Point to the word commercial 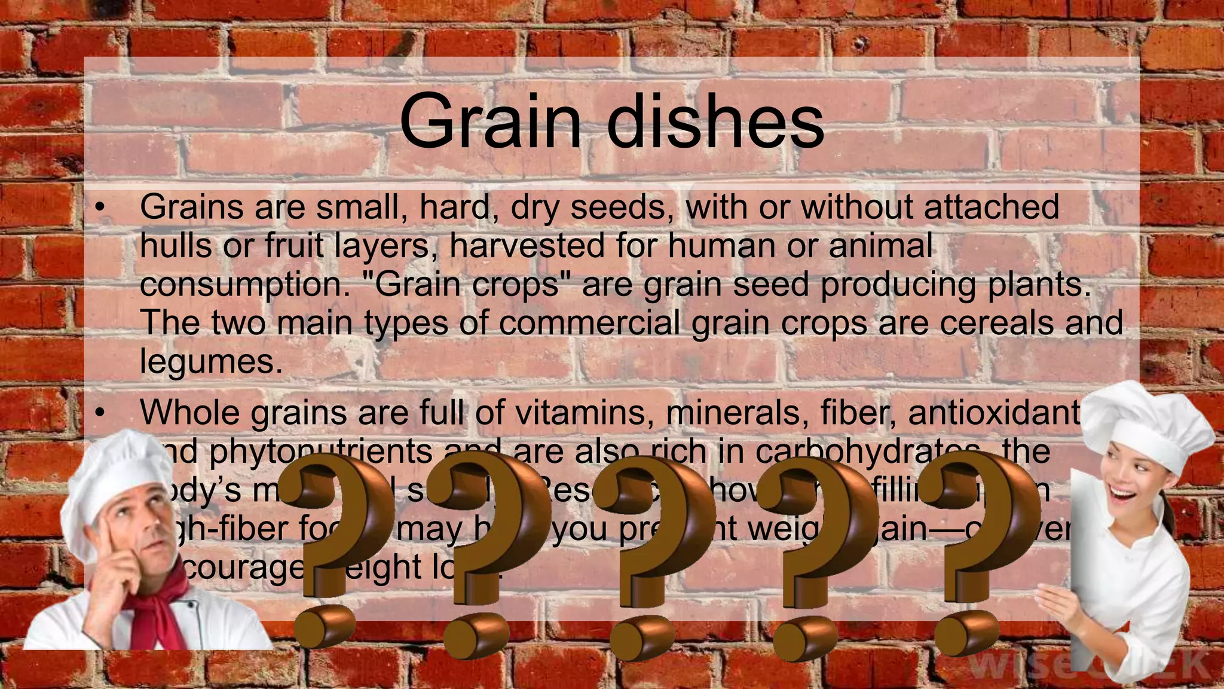tap(589, 322)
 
